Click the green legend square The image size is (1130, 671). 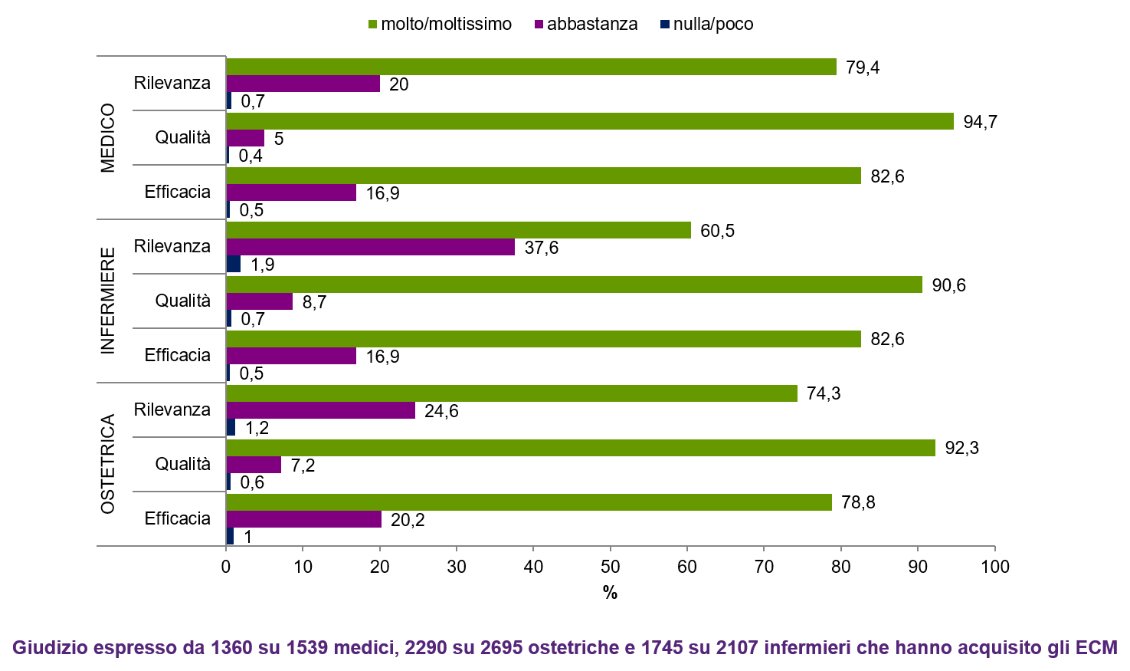[372, 25]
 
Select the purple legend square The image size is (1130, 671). [539, 25]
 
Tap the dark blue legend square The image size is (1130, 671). [665, 25]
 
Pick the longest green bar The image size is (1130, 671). [590, 121]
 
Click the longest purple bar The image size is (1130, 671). [370, 247]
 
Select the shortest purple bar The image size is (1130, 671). [245, 138]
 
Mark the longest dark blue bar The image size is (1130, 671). [234, 264]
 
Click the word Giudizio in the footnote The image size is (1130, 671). [47, 648]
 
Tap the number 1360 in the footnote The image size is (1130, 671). [231, 648]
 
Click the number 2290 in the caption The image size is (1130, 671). [426, 648]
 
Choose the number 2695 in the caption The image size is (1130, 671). [502, 648]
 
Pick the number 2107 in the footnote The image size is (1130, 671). [737, 648]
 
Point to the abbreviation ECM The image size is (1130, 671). [1096, 648]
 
